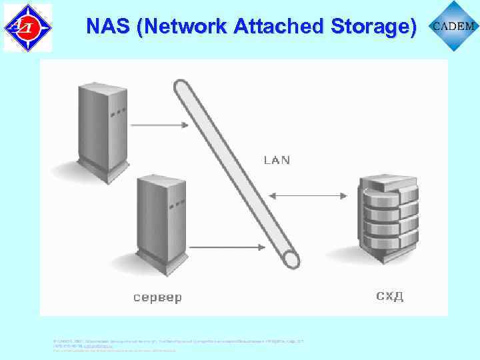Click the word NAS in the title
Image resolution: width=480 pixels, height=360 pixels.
point(107,26)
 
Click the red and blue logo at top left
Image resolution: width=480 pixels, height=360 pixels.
point(27,27)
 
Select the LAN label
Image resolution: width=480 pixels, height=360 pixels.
point(277,160)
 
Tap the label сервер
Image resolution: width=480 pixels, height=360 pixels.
point(157,297)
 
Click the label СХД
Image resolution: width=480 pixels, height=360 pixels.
point(390,295)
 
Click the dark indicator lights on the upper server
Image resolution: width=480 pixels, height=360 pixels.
point(119,112)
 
